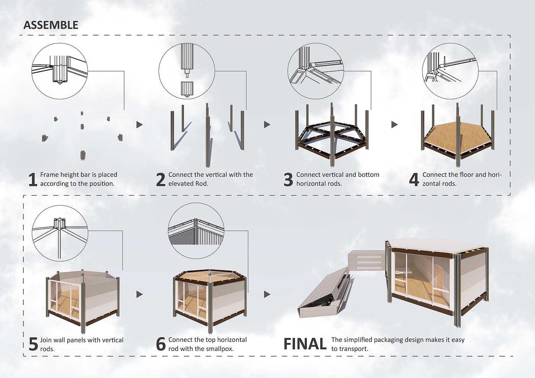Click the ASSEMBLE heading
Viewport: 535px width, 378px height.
pos(51,25)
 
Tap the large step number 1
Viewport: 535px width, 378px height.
pos(33,179)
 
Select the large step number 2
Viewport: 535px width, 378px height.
pos(161,179)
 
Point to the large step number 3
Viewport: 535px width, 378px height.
pos(288,179)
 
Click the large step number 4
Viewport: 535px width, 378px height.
pos(414,179)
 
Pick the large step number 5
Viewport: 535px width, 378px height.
pos(34,344)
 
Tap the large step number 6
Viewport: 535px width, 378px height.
pos(161,344)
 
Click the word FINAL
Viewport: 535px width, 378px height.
pos(305,344)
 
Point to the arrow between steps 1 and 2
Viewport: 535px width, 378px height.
pos(139,124)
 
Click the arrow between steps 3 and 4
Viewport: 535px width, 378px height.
pos(394,124)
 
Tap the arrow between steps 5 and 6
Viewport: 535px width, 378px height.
pos(139,294)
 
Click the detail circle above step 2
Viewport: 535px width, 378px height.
pos(187,71)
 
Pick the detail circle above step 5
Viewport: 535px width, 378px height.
pos(60,233)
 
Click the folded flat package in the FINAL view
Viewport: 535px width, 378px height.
pos(325,296)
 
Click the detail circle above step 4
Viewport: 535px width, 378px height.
pos(450,71)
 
